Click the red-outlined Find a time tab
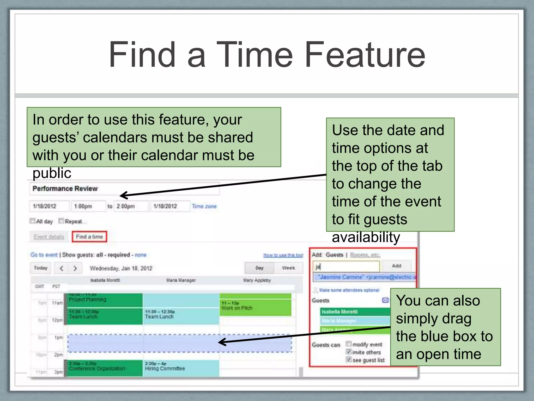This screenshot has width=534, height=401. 89,237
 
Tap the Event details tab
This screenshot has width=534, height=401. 49,237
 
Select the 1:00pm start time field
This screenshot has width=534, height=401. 88,206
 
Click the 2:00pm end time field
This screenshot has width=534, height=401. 131,206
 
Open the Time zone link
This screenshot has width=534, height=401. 204,206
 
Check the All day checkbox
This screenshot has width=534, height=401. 32,221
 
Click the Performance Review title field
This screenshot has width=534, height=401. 124,189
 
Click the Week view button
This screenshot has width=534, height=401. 288,268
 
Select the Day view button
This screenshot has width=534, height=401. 259,268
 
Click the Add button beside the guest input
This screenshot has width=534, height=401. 396,266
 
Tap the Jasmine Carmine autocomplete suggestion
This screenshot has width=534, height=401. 365,277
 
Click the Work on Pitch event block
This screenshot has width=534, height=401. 255,307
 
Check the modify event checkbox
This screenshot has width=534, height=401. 349,344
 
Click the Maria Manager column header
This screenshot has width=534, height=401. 181,280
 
